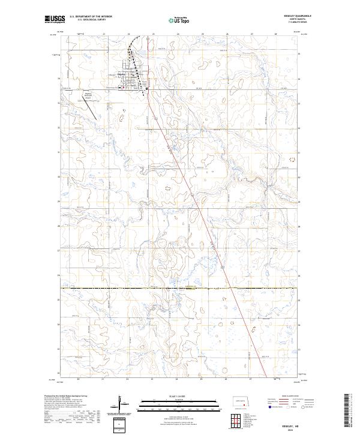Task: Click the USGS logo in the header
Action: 55,19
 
